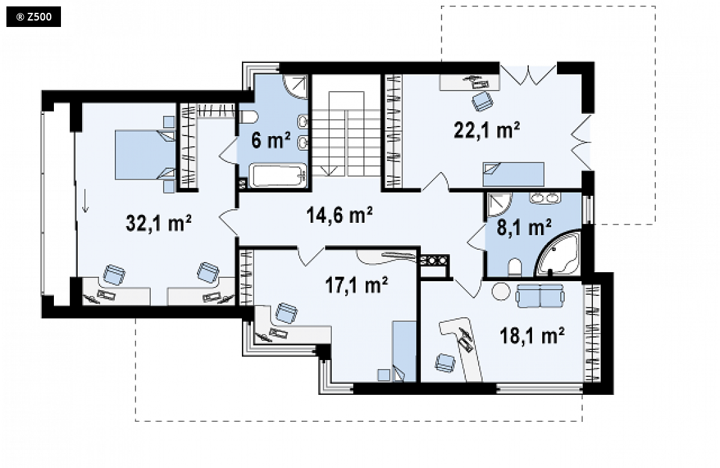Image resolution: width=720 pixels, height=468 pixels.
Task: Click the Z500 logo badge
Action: click(33, 17)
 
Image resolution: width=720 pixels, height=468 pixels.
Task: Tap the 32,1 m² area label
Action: click(159, 223)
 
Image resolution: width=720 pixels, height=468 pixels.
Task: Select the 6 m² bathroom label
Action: click(271, 140)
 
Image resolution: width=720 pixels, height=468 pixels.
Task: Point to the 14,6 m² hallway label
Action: click(339, 214)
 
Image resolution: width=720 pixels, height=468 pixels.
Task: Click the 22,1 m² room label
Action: click(486, 130)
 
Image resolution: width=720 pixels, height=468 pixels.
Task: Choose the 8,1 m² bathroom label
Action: click(524, 227)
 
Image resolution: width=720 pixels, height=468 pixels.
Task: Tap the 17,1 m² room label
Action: click(356, 285)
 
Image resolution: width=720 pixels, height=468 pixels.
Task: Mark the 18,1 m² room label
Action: click(532, 335)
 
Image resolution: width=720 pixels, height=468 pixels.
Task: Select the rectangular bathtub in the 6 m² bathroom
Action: click(279, 176)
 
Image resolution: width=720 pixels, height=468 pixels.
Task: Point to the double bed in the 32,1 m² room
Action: click(145, 155)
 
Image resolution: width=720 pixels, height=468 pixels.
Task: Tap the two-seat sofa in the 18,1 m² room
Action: click(540, 295)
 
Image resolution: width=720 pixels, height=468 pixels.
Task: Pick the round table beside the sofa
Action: click(501, 291)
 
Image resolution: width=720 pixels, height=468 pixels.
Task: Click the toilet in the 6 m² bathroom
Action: click(248, 117)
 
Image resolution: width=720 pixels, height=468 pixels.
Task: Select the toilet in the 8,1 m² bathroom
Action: click(515, 268)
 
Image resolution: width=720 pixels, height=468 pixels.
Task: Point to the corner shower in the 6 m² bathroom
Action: click(295, 86)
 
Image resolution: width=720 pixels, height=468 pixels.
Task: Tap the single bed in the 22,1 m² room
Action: click(513, 175)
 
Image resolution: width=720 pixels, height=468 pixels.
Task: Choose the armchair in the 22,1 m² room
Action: click(482, 101)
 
